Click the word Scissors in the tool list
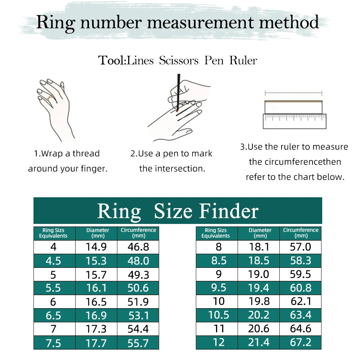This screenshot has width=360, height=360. [x=179, y=60]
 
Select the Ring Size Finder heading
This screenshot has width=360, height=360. [x=178, y=211]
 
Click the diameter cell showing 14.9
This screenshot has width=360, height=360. [x=96, y=247]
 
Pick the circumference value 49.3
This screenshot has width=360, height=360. [x=138, y=275]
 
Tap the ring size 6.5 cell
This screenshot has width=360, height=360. [x=53, y=316]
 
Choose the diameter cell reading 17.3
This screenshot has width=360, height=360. [x=96, y=329]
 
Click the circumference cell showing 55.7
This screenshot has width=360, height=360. [x=138, y=343]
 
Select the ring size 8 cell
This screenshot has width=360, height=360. [x=219, y=247]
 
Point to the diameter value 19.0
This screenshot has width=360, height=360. [x=258, y=275]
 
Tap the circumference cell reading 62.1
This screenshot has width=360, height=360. [x=301, y=302]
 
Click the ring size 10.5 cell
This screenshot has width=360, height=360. [x=219, y=315]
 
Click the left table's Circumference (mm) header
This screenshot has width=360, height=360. [x=138, y=233]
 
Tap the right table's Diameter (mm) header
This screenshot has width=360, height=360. [x=260, y=233]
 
